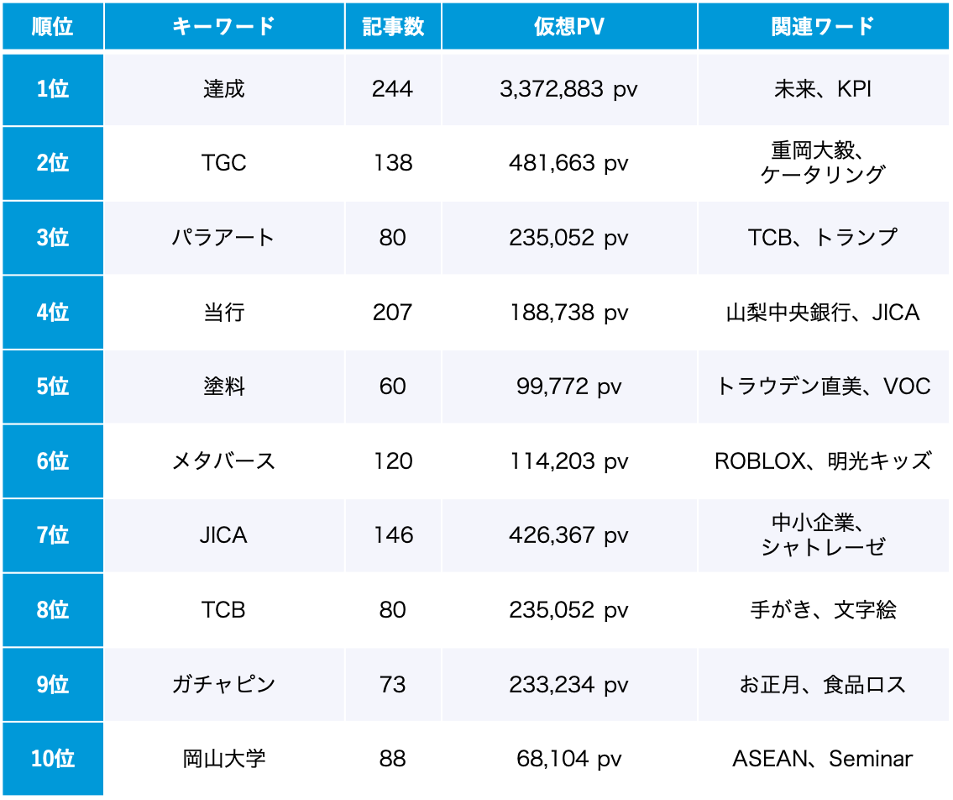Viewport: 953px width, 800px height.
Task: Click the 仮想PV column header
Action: click(x=568, y=27)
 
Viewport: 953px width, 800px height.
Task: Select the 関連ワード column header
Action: click(x=822, y=27)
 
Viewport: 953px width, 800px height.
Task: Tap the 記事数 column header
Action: click(x=392, y=27)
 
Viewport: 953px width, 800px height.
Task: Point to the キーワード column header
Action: click(x=223, y=27)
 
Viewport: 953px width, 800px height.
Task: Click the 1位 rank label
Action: click(x=53, y=89)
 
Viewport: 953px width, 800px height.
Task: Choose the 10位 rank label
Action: click(x=53, y=759)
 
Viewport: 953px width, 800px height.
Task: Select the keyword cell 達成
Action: click(x=223, y=89)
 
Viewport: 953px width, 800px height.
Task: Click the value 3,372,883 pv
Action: click(x=568, y=89)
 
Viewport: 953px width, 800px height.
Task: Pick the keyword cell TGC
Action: click(x=223, y=163)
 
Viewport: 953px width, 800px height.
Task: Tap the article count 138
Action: click(x=392, y=163)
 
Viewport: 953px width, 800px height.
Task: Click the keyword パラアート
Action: click(x=223, y=238)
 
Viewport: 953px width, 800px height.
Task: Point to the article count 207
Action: click(x=392, y=313)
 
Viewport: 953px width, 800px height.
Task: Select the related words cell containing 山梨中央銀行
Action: click(x=822, y=313)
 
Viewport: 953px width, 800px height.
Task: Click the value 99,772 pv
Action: click(x=568, y=387)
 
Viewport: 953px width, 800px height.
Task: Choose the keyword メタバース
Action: click(x=223, y=461)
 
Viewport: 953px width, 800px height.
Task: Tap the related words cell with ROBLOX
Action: click(x=822, y=461)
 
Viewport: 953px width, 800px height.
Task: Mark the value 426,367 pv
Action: click(x=568, y=535)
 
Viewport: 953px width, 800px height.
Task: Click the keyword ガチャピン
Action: click(x=223, y=685)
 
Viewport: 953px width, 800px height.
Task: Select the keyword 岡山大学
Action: click(x=223, y=759)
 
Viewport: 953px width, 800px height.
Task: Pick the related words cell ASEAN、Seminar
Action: click(x=822, y=759)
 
